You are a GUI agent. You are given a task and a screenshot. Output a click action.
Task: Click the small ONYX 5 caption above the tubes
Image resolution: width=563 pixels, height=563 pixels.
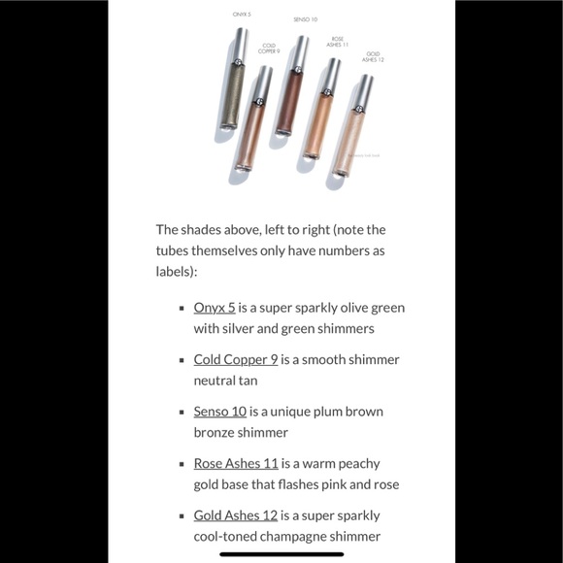pyautogui.click(x=242, y=15)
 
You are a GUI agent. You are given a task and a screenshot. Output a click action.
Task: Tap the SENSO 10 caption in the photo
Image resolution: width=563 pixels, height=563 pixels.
pyautogui.click(x=305, y=19)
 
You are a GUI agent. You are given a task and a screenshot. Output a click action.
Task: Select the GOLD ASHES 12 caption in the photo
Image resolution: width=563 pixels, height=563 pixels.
pyautogui.click(x=373, y=56)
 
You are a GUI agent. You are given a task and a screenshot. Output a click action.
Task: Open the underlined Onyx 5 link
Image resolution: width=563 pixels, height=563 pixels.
pyautogui.click(x=215, y=308)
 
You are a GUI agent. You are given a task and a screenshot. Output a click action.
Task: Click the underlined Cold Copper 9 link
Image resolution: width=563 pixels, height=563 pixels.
pyautogui.click(x=236, y=359)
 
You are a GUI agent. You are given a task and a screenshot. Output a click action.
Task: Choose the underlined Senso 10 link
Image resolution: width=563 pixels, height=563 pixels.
pyautogui.click(x=220, y=412)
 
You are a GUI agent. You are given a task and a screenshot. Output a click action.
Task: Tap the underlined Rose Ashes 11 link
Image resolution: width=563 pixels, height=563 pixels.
pyautogui.click(x=236, y=464)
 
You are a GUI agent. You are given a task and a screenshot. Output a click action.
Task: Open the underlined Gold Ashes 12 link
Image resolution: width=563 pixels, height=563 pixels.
pyautogui.click(x=236, y=515)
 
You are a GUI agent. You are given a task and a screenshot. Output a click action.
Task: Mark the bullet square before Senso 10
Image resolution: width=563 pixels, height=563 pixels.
pyautogui.click(x=182, y=413)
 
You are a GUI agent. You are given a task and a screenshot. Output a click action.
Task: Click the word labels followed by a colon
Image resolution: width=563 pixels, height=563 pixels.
pyautogui.click(x=176, y=272)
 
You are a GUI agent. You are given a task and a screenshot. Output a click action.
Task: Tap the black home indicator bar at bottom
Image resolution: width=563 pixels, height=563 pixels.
pyautogui.click(x=281, y=554)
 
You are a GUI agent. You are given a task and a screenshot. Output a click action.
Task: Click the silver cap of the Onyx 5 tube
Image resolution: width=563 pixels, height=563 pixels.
pyautogui.click(x=241, y=44)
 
